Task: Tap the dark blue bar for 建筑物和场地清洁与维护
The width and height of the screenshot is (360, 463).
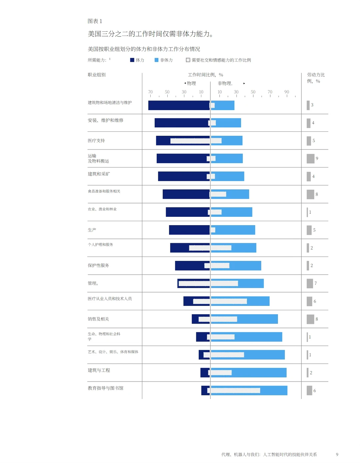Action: point(179,105)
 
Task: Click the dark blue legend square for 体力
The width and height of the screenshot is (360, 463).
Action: point(132,60)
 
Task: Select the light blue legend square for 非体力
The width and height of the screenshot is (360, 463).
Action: point(156,60)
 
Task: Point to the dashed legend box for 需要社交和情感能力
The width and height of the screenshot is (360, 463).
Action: point(188,60)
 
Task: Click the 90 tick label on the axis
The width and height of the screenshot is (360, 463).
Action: point(287,92)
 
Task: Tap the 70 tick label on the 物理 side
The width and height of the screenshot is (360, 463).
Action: point(150,92)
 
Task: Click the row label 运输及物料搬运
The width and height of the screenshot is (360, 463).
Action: point(98,158)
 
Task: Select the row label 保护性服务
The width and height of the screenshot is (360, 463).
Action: point(98,265)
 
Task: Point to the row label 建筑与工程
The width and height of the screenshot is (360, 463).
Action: point(99,370)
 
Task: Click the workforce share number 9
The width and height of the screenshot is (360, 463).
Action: point(317,158)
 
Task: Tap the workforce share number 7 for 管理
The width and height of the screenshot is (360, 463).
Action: point(316,283)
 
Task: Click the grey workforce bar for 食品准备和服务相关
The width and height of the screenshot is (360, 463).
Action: point(310,194)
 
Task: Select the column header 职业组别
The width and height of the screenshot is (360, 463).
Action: point(97,75)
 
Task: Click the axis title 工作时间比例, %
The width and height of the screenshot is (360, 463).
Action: point(205,75)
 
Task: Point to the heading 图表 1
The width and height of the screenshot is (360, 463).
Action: point(95,21)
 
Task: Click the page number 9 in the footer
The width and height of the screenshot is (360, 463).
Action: point(337,454)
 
